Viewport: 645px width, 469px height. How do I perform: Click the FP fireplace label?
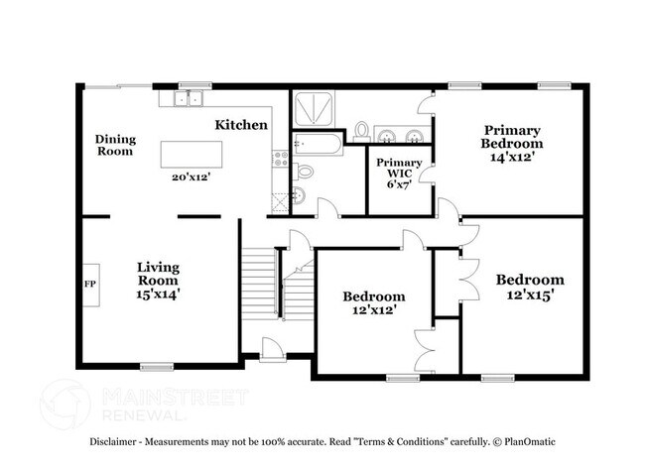tap(88, 282)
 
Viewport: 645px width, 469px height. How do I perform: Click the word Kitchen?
tap(242, 125)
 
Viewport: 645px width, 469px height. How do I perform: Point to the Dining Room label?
tap(115, 145)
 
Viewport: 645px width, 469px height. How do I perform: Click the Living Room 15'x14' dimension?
tap(158, 293)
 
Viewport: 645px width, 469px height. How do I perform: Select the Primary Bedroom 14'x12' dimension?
tap(512, 158)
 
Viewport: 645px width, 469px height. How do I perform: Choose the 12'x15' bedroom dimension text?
tap(530, 294)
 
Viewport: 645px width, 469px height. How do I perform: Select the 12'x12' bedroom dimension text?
tap(374, 310)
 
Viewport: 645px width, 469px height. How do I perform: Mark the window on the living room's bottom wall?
tap(157, 367)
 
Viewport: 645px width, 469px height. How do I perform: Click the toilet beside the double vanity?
tap(362, 130)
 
